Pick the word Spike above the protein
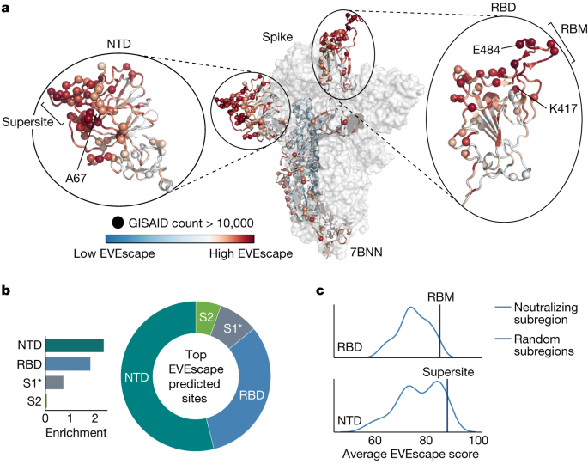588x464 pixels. point(281,38)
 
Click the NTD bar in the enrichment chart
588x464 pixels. point(75,345)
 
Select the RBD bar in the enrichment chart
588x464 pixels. point(68,363)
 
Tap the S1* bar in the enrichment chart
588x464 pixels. point(55,382)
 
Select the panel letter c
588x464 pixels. point(321,290)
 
